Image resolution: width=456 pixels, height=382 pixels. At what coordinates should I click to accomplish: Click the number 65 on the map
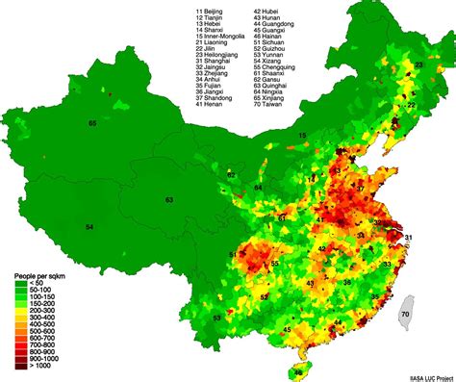pos(92,124)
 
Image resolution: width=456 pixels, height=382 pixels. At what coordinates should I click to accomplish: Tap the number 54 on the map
pos(89,227)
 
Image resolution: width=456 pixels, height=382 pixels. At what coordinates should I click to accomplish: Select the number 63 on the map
pos(168,200)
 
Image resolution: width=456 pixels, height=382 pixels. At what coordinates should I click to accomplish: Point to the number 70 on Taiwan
pos(405,315)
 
